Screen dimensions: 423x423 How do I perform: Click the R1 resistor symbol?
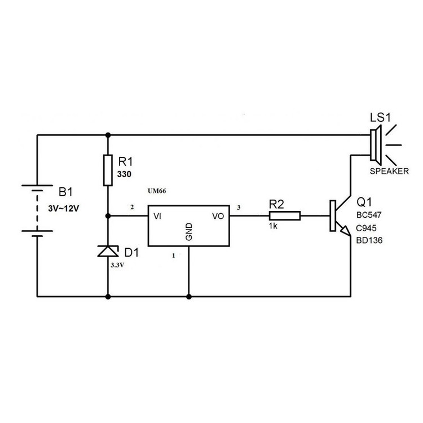click(x=108, y=170)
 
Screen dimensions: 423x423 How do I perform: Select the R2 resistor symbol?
click(x=285, y=215)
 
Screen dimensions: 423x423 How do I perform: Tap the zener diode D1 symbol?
click(x=108, y=251)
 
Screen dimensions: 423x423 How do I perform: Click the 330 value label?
click(x=124, y=175)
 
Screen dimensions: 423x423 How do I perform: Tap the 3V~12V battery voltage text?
click(x=65, y=208)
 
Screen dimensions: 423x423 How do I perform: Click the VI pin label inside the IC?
click(x=158, y=216)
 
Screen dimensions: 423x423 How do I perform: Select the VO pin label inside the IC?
click(x=218, y=216)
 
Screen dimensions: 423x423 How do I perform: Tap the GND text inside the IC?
click(x=189, y=231)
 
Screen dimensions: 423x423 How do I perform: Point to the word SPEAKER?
click(x=389, y=171)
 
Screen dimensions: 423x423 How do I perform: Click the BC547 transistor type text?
click(x=370, y=215)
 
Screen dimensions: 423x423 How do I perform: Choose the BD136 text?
click(x=370, y=240)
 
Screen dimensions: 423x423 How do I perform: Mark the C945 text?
click(x=367, y=228)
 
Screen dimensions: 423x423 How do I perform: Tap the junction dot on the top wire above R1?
click(x=108, y=135)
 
